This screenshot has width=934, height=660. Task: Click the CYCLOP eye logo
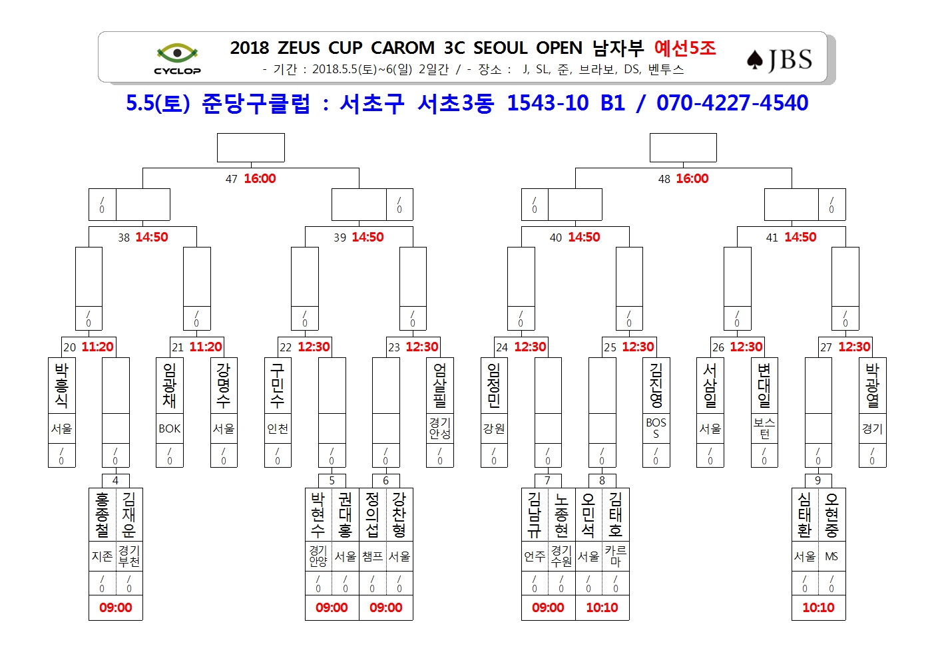coord(177,59)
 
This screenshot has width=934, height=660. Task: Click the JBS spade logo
coord(779,60)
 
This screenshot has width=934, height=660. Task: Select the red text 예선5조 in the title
coord(685,48)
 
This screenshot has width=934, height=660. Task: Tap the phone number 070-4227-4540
coord(732,103)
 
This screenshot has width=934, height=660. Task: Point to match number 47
coord(232,179)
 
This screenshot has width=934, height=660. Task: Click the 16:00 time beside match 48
coord(692,179)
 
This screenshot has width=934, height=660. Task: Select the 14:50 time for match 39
coord(367,237)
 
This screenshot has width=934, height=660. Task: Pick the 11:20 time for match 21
coord(206,347)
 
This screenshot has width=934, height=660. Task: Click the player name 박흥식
coord(61,385)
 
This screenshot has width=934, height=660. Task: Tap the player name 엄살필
coord(440,385)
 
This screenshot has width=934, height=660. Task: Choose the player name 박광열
coord(872,385)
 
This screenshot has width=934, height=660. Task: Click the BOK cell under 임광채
coord(170,428)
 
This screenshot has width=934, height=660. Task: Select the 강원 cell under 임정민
coord(494,428)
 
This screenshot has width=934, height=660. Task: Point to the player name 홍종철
coord(102,515)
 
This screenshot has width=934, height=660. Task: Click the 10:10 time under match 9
coord(819,607)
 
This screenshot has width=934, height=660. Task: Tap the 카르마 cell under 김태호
coord(615,556)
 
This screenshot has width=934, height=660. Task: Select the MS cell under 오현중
coord(831,556)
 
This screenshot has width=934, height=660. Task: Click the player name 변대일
coord(764,385)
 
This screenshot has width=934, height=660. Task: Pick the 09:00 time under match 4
coord(115,607)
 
